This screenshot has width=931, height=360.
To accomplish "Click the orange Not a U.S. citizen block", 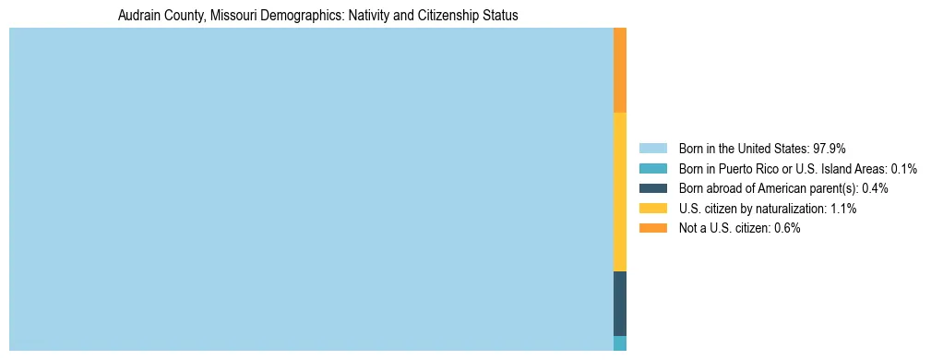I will coord(620,70).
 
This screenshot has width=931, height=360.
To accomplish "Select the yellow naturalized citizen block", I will coord(620,192).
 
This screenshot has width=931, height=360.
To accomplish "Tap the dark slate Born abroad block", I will coord(620,304).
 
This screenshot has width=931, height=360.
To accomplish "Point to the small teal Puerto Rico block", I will coord(620,343).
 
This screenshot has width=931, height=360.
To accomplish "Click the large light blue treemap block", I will coord(311,189).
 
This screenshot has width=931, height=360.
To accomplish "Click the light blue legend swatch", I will coord(652,149).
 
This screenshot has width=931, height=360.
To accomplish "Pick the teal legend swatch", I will coord(652,169).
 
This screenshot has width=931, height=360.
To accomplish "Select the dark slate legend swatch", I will coord(652,188).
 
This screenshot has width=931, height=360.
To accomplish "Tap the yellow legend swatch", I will coord(652,209).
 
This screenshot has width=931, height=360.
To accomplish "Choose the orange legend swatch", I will coord(652,228).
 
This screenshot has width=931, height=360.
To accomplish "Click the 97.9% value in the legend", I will coord(830,149).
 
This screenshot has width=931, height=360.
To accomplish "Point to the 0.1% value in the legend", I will coord(903,169).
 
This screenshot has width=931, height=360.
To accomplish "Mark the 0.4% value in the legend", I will coord(874,188).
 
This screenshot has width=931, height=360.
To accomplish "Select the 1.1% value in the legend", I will coord(843,209).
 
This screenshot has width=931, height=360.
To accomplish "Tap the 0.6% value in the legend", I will coord(787,228).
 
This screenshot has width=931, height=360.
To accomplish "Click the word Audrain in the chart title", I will coord(138,16).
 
